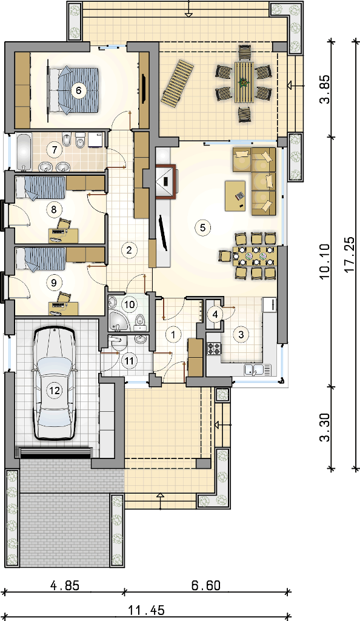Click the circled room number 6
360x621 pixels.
click(x=78, y=91)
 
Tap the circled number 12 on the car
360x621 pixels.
click(x=54, y=391)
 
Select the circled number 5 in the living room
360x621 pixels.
click(x=202, y=227)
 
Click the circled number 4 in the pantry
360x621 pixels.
click(x=215, y=315)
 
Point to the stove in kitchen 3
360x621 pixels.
click(x=214, y=349)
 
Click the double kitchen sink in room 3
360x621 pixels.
click(x=258, y=370)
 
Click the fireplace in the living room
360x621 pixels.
click(x=165, y=181)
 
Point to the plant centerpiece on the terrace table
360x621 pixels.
click(x=244, y=82)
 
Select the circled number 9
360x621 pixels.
click(x=54, y=283)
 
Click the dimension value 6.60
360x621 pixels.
click(x=205, y=585)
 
